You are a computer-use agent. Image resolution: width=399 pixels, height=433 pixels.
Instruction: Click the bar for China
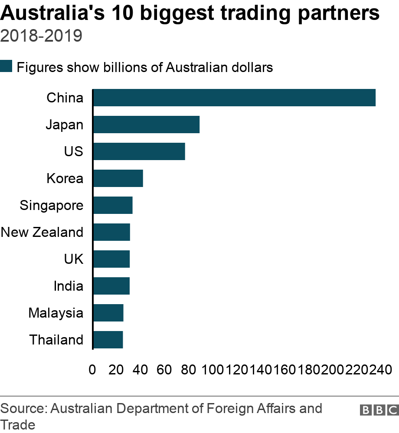click(x=234, y=98)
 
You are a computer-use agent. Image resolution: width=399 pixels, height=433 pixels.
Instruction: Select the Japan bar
click(x=146, y=125)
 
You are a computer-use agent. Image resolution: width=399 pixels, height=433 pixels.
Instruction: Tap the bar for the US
click(x=139, y=151)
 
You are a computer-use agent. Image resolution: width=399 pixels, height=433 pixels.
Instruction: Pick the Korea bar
click(x=118, y=178)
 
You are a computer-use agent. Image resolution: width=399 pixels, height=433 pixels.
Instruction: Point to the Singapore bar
click(x=113, y=205)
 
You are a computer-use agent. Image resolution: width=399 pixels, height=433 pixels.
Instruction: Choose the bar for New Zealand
click(x=111, y=232)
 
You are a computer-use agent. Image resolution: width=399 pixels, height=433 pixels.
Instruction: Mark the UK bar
click(x=111, y=259)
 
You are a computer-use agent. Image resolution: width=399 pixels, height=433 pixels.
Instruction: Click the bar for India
click(x=111, y=286)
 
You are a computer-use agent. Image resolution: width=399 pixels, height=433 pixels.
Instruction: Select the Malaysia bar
click(x=108, y=313)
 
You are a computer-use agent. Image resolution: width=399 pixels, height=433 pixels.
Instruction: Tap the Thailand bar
click(x=108, y=340)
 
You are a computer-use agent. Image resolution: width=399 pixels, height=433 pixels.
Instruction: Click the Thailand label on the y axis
click(x=56, y=340)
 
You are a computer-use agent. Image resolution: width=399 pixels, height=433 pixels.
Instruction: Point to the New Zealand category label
click(x=42, y=232)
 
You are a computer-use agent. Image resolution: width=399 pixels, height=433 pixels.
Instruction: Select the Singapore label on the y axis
click(x=52, y=205)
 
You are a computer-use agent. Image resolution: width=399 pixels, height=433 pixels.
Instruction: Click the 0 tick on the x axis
click(x=92, y=370)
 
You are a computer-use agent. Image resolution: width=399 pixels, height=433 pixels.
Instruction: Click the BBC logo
click(x=379, y=410)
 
